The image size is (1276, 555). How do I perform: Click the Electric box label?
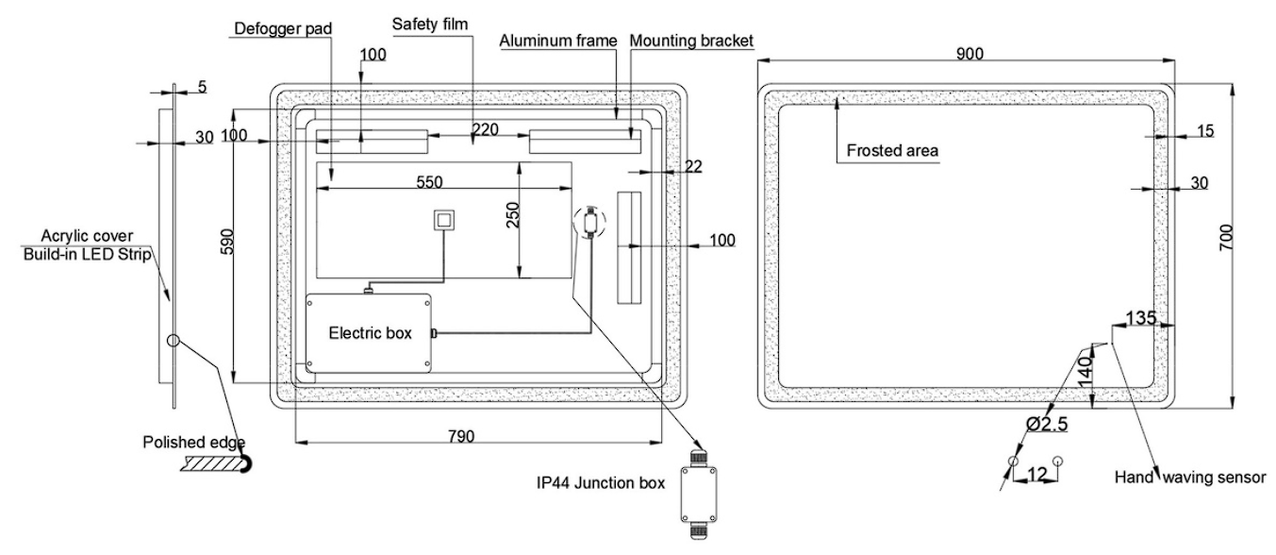(369, 333)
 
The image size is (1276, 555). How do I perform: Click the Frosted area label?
(892, 150)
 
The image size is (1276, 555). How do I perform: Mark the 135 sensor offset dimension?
(1142, 317)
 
